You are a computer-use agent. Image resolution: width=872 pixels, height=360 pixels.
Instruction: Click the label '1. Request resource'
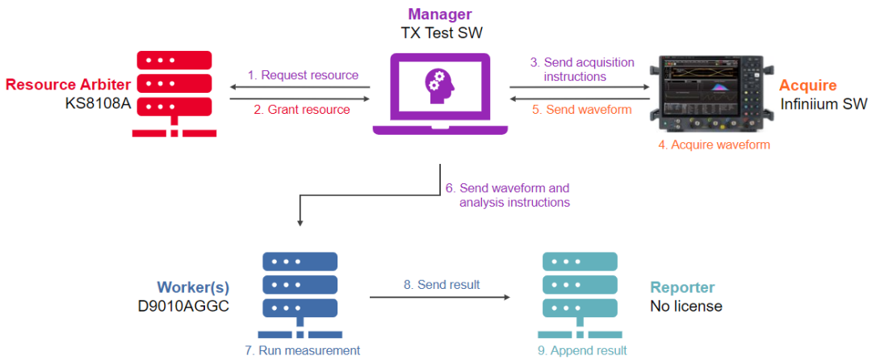pos(303,75)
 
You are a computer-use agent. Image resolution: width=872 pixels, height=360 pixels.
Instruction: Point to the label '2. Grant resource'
pos(302,109)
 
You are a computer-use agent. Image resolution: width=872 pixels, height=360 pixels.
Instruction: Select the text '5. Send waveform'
pos(589,109)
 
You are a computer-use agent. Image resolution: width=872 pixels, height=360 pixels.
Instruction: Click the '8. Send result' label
pos(442,284)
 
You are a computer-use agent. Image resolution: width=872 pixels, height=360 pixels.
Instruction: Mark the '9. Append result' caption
pos(581,350)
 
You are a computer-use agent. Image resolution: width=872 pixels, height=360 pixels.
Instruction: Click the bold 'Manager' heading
pos(439,14)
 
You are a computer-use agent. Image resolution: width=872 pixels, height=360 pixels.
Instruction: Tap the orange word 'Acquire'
pos(807,86)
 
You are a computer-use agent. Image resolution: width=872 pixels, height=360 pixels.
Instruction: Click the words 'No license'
pos(686,306)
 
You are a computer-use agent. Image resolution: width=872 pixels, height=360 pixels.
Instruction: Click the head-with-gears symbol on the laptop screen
pos(441,85)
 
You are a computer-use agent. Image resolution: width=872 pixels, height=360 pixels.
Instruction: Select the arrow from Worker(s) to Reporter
pos(440,298)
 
